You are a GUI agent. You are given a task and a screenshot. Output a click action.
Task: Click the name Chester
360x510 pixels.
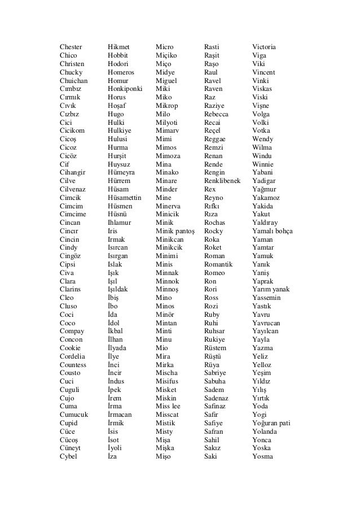(x=71, y=47)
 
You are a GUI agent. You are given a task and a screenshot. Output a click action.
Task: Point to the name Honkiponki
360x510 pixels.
(x=125, y=89)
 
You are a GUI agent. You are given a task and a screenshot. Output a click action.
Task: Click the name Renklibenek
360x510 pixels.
(x=222, y=181)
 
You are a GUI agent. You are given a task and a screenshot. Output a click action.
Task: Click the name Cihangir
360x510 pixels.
(x=73, y=172)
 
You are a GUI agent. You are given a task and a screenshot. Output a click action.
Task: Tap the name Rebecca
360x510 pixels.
(x=216, y=114)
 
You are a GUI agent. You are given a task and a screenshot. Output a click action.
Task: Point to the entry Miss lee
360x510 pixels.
(x=168, y=406)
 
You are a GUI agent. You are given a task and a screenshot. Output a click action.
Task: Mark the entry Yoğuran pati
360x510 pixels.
(x=271, y=423)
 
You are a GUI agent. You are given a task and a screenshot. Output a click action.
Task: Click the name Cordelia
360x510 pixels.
(x=73, y=356)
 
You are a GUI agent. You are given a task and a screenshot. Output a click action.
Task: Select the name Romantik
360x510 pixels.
(x=218, y=264)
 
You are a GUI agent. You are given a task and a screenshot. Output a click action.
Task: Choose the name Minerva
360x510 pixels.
(x=168, y=206)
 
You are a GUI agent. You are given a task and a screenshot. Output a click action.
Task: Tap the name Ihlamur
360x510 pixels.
(x=120, y=223)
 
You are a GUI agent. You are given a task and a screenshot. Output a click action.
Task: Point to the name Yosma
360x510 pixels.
(x=262, y=456)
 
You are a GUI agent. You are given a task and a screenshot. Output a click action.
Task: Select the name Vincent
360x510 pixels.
(x=264, y=72)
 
